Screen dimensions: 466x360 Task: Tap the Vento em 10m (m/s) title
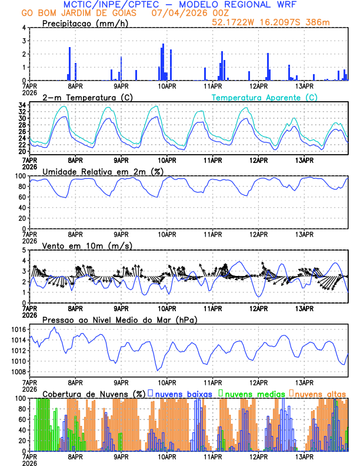[x=87, y=245]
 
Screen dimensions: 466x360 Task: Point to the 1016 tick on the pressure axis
[x=18, y=329]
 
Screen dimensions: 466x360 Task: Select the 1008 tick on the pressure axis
[x=18, y=372]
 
